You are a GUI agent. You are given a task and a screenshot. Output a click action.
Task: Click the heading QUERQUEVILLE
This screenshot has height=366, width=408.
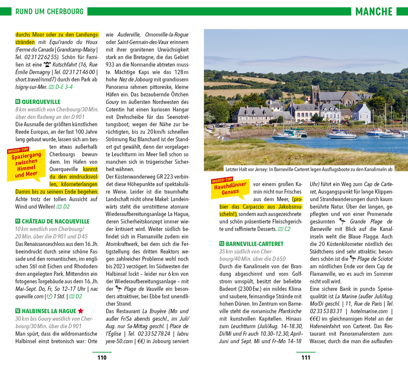[41, 102]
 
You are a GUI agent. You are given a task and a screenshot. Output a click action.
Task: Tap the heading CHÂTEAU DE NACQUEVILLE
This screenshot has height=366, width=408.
[55, 221]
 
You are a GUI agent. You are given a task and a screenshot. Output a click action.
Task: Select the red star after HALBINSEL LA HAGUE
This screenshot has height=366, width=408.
[80, 311]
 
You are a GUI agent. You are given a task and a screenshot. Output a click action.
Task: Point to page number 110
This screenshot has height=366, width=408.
[102, 358]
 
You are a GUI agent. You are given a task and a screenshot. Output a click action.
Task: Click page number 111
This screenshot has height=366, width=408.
[306, 358]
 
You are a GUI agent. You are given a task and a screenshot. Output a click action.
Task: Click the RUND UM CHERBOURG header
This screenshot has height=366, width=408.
[49, 12]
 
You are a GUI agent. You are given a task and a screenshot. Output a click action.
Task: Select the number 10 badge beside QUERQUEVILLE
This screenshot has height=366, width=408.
[18, 102]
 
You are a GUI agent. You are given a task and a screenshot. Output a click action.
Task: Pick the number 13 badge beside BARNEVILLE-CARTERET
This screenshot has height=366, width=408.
[222, 243]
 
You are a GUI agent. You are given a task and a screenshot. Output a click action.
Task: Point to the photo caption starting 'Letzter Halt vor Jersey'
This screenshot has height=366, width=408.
[309, 169]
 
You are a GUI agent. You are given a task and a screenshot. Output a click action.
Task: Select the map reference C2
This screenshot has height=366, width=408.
[284, 229]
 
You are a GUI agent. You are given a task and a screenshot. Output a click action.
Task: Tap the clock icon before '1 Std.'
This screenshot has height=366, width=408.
[50, 296]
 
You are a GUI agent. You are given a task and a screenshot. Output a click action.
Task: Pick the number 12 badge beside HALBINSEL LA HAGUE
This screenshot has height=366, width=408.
[18, 311]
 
